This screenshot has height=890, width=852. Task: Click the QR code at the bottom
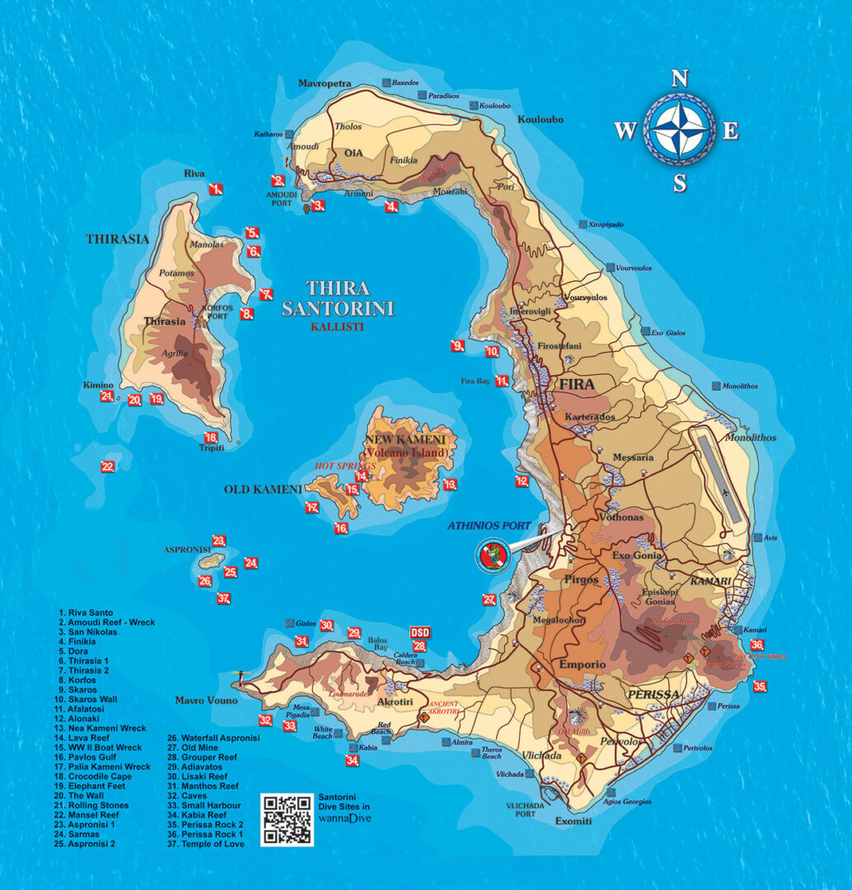pyautogui.click(x=287, y=819)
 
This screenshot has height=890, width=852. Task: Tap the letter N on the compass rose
pyautogui.click(x=679, y=79)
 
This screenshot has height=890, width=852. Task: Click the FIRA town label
pyautogui.click(x=576, y=385)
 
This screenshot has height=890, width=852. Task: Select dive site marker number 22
pyautogui.click(x=108, y=466)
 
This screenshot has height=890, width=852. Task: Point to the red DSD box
pyautogui.click(x=419, y=632)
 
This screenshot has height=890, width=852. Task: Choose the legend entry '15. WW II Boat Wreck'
pyautogui.click(x=101, y=747)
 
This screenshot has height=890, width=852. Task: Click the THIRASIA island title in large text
pyautogui.click(x=118, y=240)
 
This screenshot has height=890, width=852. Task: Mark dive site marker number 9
pyautogui.click(x=458, y=345)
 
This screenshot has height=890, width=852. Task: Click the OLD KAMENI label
pyautogui.click(x=263, y=489)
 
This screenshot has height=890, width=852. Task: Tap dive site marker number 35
pyautogui.click(x=761, y=686)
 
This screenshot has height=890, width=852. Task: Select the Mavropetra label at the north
pyautogui.click(x=325, y=84)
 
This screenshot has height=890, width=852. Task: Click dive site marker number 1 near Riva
pyautogui.click(x=216, y=189)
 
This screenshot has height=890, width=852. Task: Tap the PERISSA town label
pyautogui.click(x=653, y=695)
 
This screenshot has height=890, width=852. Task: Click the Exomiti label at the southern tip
pyautogui.click(x=572, y=821)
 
